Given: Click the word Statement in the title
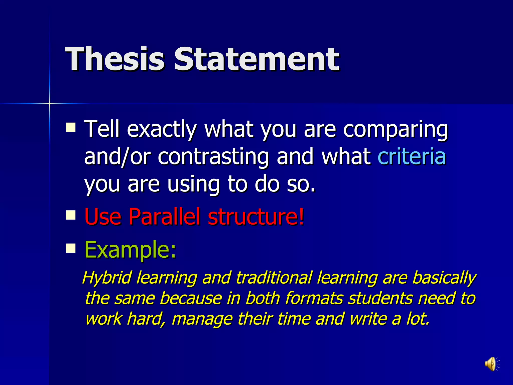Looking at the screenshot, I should [256, 59].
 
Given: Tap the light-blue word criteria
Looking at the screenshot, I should [412, 156].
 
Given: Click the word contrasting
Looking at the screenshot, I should [213, 156].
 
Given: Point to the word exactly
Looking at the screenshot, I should [162, 129].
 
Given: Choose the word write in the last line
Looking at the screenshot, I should [368, 319].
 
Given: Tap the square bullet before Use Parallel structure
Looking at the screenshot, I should [71, 215].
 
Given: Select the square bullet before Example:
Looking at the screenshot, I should [71, 248].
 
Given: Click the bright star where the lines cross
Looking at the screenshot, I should [50, 103].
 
